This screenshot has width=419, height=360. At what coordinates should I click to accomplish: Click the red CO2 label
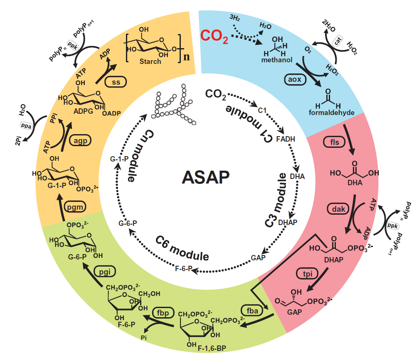[214, 36]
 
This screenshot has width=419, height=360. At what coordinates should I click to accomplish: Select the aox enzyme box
[295, 79]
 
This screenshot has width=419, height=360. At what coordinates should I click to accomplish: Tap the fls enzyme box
[334, 142]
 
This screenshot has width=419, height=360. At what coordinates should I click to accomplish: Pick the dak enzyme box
[338, 209]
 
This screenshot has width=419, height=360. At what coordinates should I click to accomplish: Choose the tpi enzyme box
[308, 274]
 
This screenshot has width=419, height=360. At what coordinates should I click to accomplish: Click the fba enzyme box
[252, 311]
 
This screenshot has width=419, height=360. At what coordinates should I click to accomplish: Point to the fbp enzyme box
[163, 313]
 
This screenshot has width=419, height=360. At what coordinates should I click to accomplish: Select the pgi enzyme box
[105, 272]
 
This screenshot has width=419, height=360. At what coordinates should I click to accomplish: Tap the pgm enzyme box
[75, 207]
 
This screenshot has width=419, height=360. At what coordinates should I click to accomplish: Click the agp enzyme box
[80, 140]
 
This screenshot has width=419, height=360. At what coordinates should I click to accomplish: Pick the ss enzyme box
[116, 82]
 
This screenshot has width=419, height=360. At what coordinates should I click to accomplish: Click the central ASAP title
[205, 177]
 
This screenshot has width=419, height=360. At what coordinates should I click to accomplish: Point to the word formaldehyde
[332, 113]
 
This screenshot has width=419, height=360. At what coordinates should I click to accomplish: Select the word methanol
[276, 60]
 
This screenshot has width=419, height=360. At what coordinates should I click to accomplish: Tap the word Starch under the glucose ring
[150, 61]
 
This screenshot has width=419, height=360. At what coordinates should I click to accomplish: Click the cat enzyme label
[338, 41]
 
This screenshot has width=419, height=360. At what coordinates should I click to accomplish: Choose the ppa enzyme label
[26, 125]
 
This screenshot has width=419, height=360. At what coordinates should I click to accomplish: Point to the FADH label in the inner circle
[286, 139]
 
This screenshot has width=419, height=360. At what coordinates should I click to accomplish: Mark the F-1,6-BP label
[212, 348]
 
